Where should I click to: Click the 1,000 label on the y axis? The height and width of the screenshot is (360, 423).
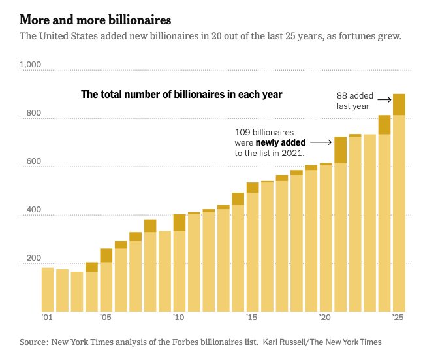click(30, 65)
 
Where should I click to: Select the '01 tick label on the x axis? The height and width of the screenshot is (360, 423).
click(46, 318)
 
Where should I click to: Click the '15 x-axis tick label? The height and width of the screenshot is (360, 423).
click(252, 318)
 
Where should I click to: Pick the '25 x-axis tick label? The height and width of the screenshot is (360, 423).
click(398, 318)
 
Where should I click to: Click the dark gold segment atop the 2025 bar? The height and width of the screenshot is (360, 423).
click(399, 105)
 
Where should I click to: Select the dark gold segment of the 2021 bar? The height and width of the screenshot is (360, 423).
click(340, 150)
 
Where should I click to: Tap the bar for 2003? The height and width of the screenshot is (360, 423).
click(77, 291)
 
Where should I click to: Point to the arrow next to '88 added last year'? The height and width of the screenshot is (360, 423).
click(383, 99)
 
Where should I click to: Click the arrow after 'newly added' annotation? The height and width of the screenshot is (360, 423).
click(320, 142)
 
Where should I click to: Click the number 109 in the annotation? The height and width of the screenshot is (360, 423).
click(242, 132)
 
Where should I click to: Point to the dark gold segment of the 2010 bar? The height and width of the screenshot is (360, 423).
click(180, 223)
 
